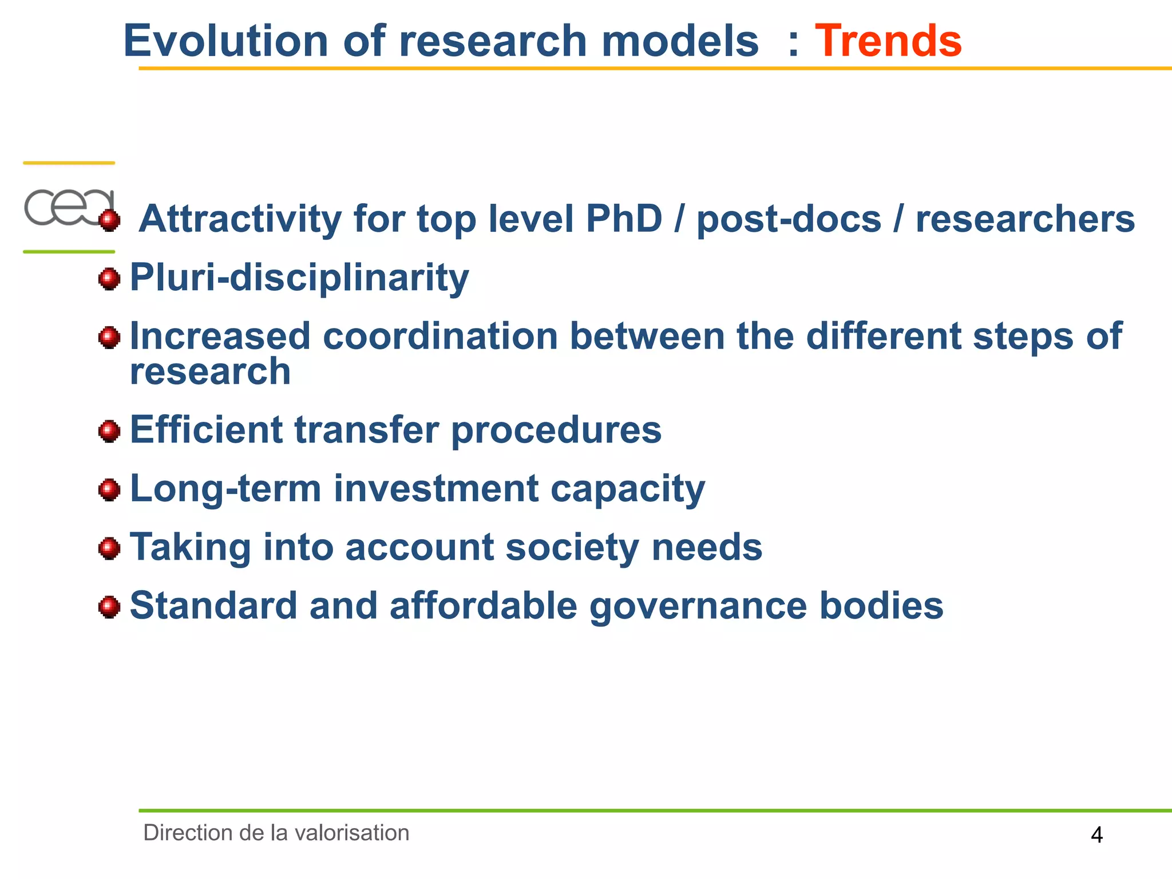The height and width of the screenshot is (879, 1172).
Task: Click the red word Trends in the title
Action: point(888,41)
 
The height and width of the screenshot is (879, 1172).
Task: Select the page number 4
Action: point(1096,836)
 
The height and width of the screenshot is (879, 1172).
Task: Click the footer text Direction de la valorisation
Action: point(276,833)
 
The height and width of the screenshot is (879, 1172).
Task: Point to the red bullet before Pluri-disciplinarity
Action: point(109,279)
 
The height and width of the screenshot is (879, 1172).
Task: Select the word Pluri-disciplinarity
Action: point(299,278)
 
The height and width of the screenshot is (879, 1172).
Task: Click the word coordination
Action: point(440,336)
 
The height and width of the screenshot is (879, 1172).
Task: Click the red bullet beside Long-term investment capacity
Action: point(109,490)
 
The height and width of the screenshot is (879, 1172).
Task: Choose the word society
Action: point(572,548)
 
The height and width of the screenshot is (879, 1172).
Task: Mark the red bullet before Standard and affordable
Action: point(109,607)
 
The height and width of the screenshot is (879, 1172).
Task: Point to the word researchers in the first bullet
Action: point(1025,219)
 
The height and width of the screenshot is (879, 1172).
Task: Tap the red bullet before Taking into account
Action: point(109,548)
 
